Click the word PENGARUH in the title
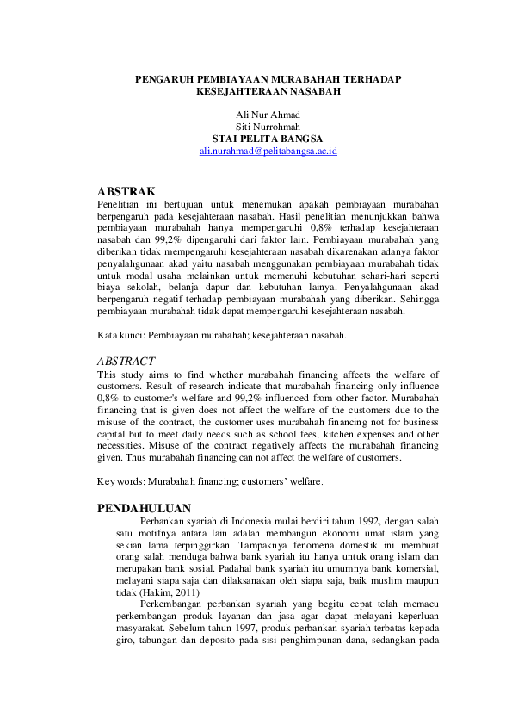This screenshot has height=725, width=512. pos(164,79)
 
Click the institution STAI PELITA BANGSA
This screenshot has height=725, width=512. pos(268,139)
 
